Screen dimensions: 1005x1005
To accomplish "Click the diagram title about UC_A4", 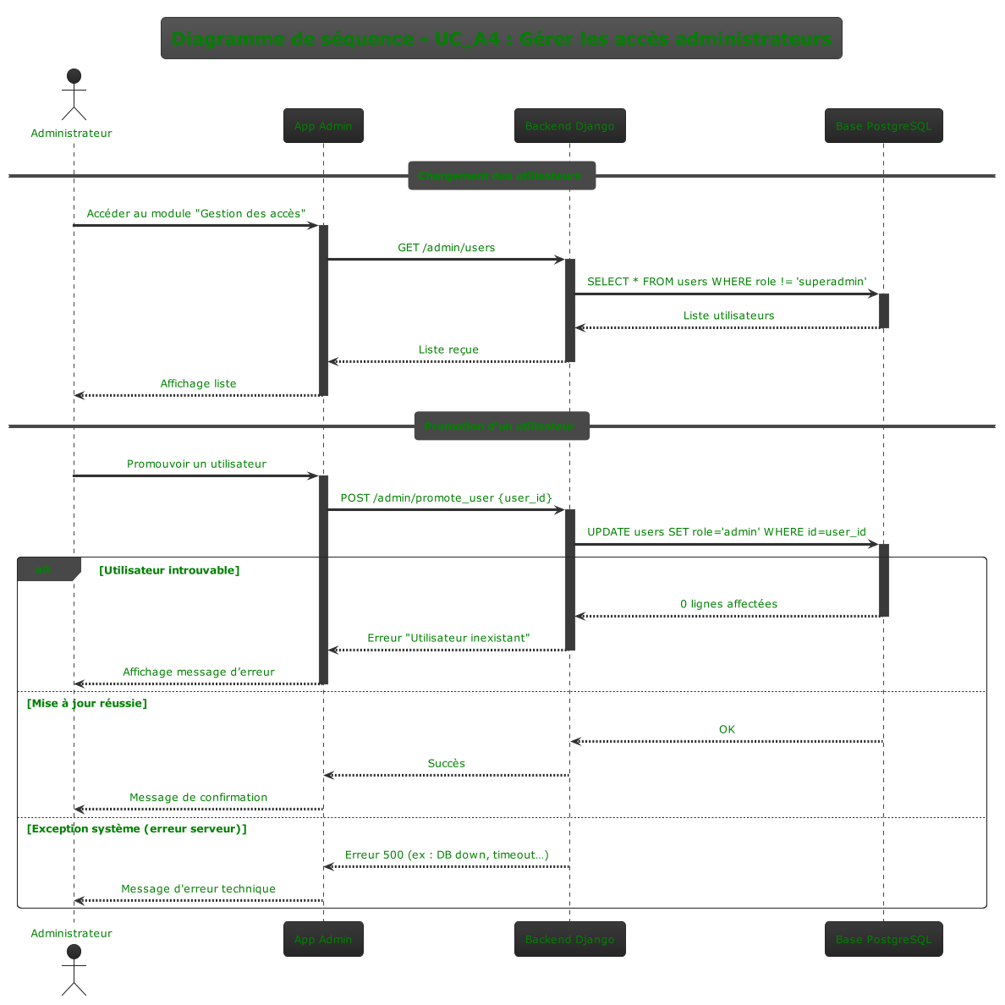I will tap(501, 39).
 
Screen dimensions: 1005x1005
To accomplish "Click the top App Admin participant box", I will tap(323, 126).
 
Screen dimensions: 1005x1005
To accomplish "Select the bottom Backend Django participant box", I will tap(569, 939).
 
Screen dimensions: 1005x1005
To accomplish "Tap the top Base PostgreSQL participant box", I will tap(883, 126).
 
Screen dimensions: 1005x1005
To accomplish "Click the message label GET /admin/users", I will tap(447, 248).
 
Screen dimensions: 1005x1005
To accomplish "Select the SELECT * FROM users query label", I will tap(727, 282).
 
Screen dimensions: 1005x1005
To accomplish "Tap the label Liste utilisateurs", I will tap(728, 316).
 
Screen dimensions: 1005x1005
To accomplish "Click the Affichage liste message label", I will tap(198, 383).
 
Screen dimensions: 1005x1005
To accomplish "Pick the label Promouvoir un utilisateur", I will tap(196, 464).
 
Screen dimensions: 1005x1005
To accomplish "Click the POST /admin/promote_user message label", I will tap(446, 497).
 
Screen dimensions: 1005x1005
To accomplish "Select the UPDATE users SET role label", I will tap(727, 532).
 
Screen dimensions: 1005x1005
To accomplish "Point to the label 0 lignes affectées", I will tap(728, 604).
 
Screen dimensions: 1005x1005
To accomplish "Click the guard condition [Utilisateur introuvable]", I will tap(169, 570).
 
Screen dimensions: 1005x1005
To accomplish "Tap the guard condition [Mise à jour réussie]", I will tap(86, 703).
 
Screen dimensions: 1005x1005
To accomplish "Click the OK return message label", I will tap(727, 729).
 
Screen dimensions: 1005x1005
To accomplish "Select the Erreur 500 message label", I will tap(447, 854).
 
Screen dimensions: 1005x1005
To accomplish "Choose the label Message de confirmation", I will tap(198, 797).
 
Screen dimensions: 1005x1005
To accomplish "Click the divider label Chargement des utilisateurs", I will tap(501, 176).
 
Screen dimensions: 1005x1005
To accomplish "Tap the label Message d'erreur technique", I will tap(198, 888).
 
